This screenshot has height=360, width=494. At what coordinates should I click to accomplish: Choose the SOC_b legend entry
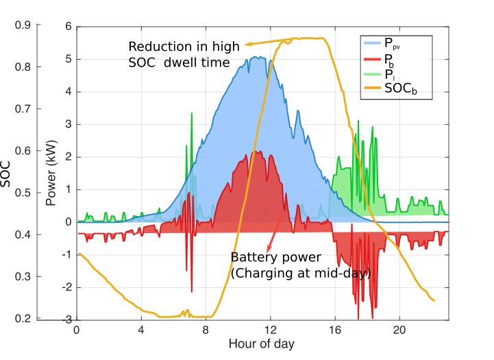(x=398, y=88)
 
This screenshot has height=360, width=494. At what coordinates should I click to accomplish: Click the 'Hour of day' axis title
(x=262, y=344)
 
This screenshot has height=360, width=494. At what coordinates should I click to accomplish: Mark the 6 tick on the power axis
(x=69, y=27)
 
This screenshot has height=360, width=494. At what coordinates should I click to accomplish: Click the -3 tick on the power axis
(x=67, y=320)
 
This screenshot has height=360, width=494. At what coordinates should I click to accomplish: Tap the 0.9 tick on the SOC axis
(x=23, y=25)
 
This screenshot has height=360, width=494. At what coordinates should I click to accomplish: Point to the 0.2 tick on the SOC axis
(x=23, y=319)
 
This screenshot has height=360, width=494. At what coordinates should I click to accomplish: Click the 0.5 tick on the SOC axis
(x=23, y=193)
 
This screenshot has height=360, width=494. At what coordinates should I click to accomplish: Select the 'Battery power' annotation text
(x=275, y=257)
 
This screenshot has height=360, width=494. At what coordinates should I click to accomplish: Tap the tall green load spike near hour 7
(x=192, y=137)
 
